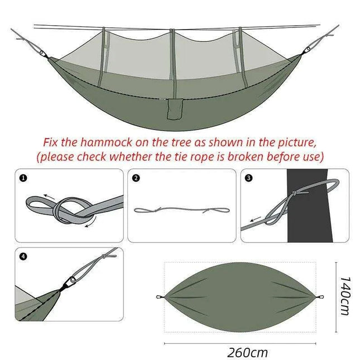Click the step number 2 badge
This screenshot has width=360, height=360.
click(137, 179)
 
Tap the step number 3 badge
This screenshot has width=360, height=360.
click(249, 179)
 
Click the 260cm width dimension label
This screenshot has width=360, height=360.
click(247, 352)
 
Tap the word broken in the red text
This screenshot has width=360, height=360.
click(239, 156)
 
